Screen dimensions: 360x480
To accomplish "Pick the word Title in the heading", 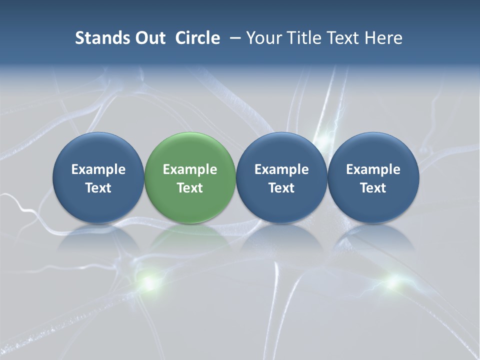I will pos(302,38).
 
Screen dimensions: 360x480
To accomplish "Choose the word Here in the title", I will pos(384,38).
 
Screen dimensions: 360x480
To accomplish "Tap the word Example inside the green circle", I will pos(190,169).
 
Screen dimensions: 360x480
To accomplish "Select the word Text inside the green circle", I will pos(190,188).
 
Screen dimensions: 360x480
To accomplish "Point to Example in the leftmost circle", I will pos(98,169).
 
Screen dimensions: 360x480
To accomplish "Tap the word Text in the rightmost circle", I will pos(373,188).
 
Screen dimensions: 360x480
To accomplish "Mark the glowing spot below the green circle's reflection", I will pos(148,282).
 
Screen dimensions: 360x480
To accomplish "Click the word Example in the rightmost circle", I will pos(373,169).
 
